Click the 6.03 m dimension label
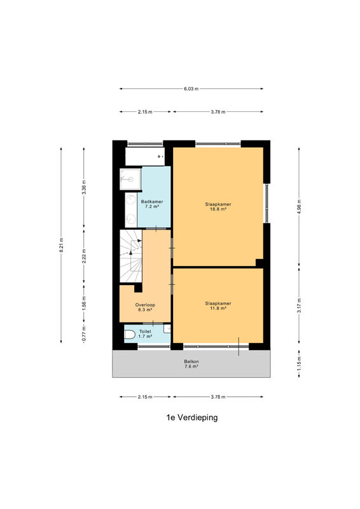(x=191, y=88)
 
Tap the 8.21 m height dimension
(x=61, y=245)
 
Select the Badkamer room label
(x=152, y=202)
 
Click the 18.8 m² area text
(x=218, y=209)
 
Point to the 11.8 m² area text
(x=218, y=309)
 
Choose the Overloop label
(x=145, y=305)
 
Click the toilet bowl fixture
(x=130, y=335)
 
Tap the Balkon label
(x=191, y=361)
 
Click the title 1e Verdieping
(x=192, y=417)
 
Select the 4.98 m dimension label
(x=300, y=206)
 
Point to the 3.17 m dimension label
(x=300, y=305)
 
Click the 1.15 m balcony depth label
(x=300, y=363)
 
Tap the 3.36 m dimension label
(x=84, y=187)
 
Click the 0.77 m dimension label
(x=84, y=334)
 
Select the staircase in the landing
(x=131, y=256)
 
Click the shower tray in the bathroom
(x=130, y=179)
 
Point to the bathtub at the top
(x=144, y=157)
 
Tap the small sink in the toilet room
(x=167, y=329)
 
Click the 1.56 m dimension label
(x=84, y=303)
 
